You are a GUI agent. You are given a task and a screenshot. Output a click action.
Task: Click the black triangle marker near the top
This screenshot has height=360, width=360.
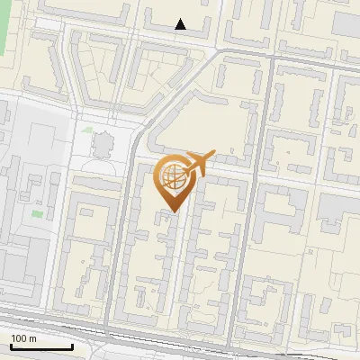[x=181, y=25]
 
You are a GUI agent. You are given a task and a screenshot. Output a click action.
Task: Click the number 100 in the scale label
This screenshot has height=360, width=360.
[x=17, y=338]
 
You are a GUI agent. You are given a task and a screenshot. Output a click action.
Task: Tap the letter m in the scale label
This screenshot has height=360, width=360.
[x=31, y=338]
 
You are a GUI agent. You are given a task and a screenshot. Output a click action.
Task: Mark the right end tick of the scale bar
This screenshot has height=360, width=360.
[x=72, y=346]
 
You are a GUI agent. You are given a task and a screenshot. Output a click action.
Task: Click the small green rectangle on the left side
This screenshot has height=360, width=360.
[x=37, y=214]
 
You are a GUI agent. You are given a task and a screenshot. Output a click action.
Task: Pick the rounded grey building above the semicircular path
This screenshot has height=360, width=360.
[x=101, y=142]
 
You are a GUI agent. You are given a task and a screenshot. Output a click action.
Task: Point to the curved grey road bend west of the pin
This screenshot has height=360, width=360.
[x=137, y=144]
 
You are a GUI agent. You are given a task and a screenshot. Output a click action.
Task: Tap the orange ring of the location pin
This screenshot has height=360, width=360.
[x=159, y=176]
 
